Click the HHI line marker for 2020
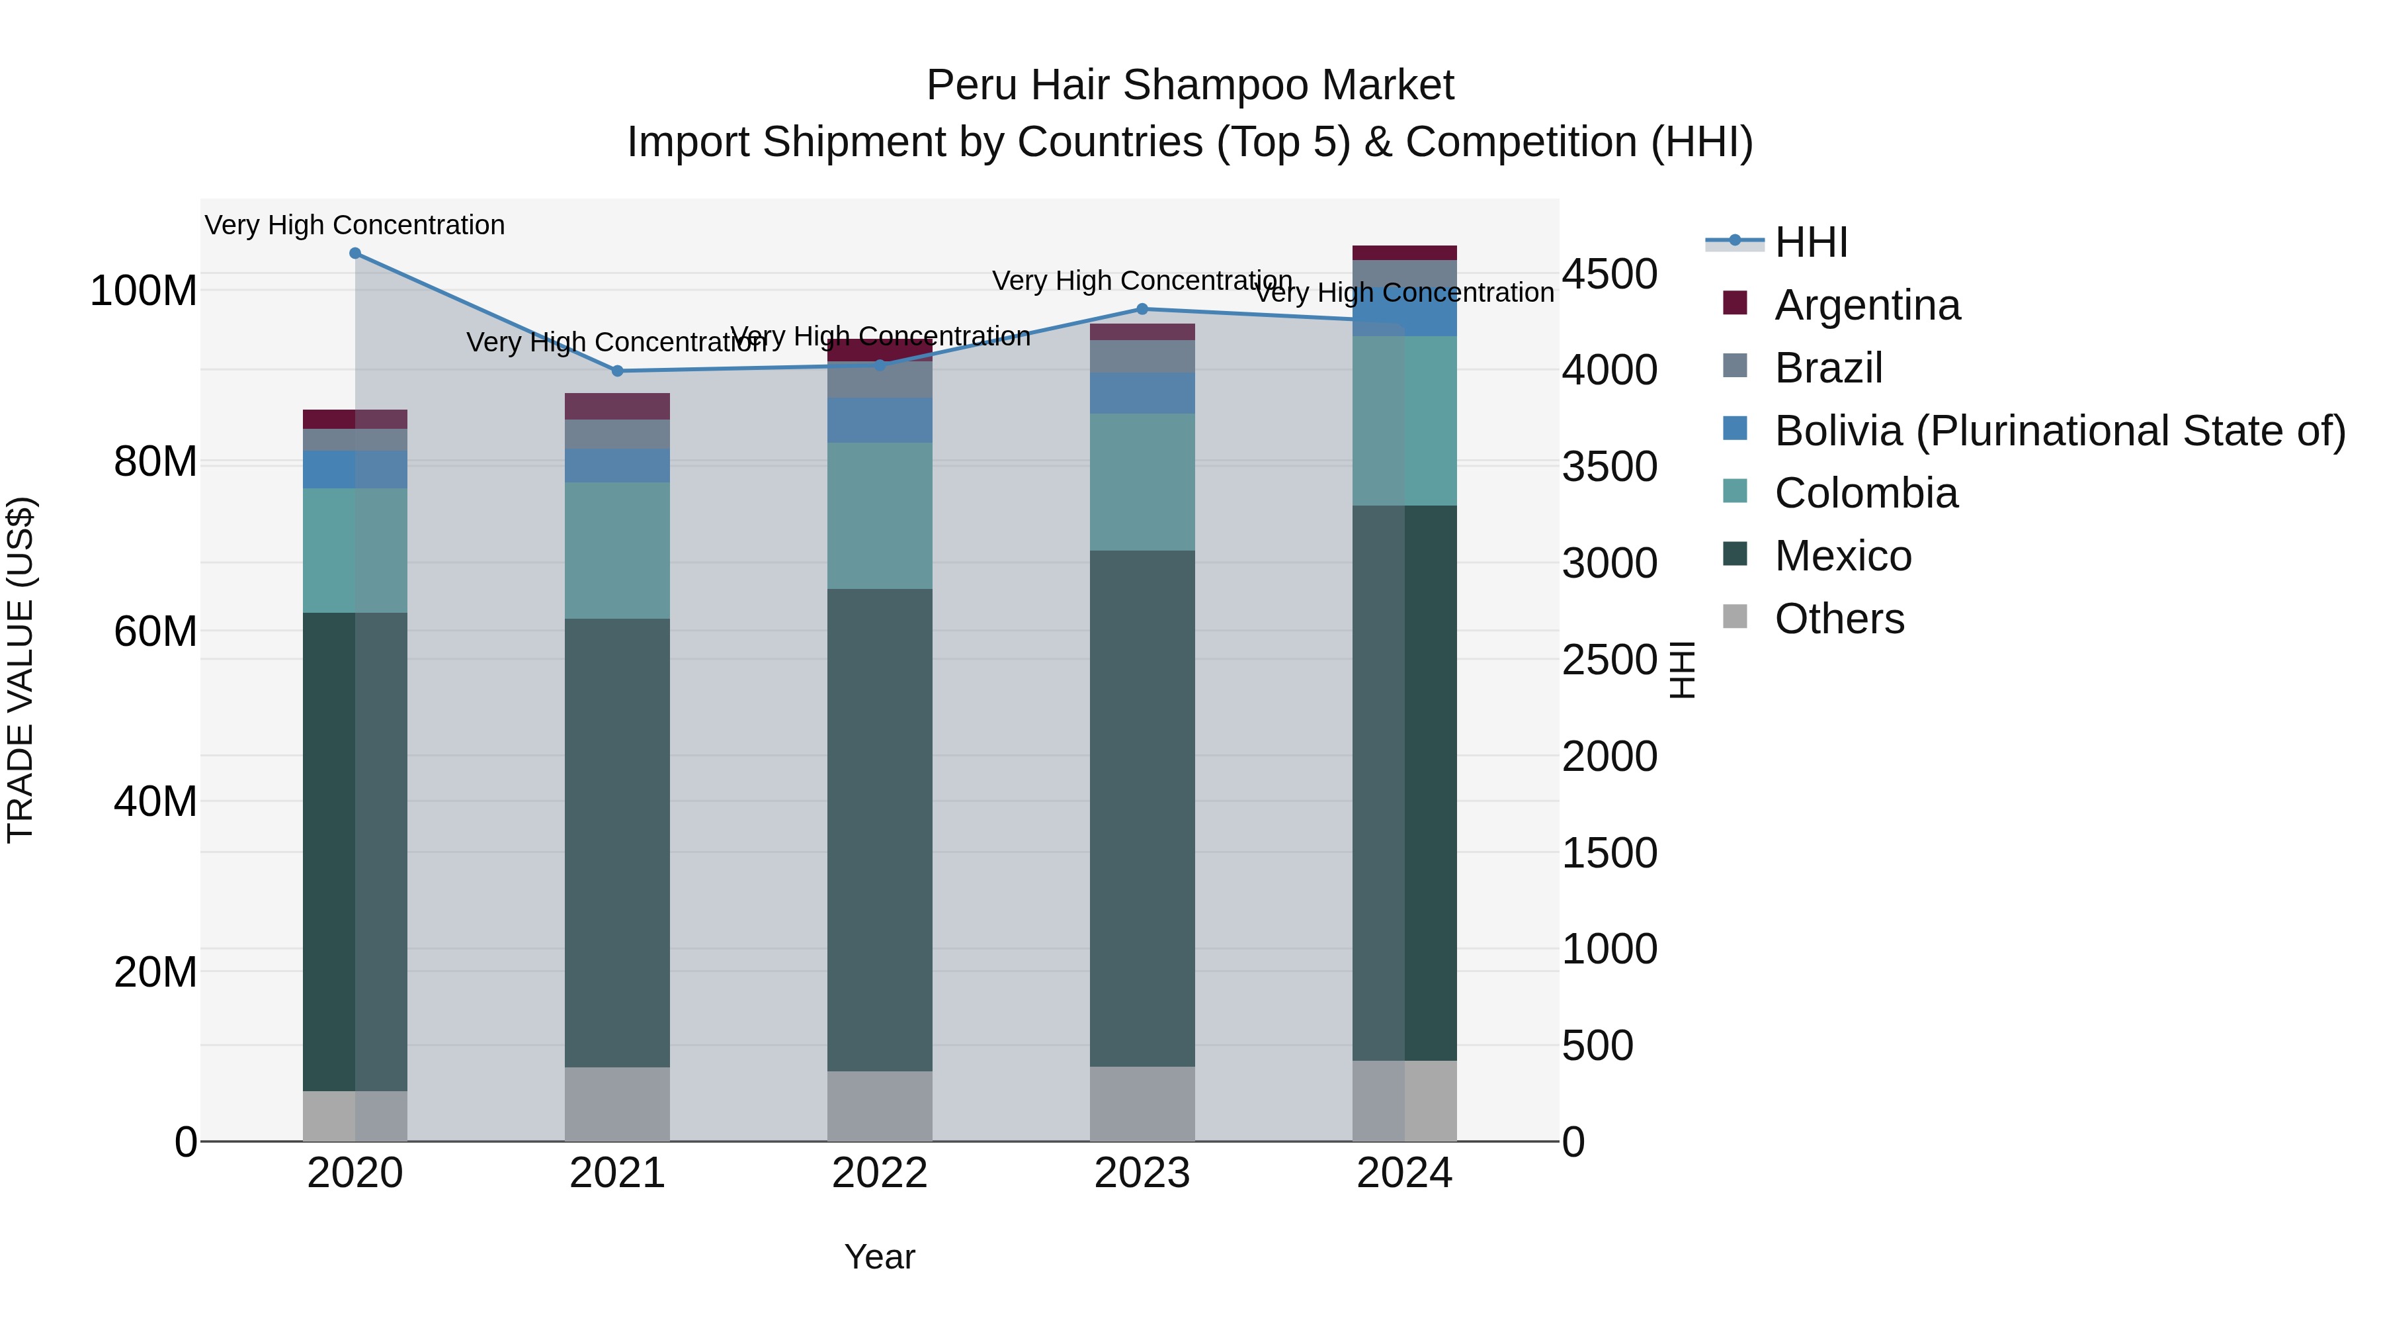pos(355,253)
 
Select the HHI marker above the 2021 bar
pos(618,371)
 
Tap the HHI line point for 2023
pos(1142,309)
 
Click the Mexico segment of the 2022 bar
pos(879,830)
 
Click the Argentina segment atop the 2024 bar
pos(1404,253)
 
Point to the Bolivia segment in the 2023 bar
pos(1142,393)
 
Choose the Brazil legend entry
pos(1827,368)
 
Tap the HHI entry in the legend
pos(1810,242)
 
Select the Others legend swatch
pos(1735,616)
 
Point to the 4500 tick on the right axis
pos(1609,274)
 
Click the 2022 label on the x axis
pos(879,1173)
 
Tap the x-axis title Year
pos(879,1257)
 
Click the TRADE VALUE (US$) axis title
pos(21,670)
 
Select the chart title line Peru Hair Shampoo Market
pos(1190,85)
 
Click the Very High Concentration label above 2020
pos(355,225)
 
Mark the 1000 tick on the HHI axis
pos(1609,949)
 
